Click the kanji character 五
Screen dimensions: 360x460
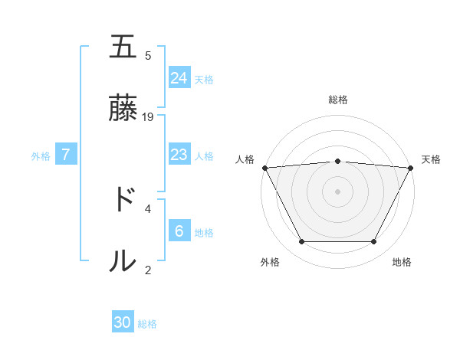click(123, 47)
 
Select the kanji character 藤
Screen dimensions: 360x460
click(123, 109)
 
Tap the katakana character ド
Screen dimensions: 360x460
click(123, 200)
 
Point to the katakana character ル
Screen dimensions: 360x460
click(123, 261)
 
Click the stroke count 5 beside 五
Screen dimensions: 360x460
click(148, 55)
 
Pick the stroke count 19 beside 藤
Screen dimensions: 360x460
click(149, 116)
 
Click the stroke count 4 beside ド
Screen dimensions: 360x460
click(148, 208)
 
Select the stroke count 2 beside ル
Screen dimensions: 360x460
click(148, 269)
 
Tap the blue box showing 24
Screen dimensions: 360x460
click(179, 77)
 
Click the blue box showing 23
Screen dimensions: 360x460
click(179, 155)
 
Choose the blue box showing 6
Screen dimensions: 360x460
click(179, 231)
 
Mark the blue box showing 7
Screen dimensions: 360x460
click(66, 155)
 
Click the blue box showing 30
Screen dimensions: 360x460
click(123, 322)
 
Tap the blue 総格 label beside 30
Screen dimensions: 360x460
click(147, 324)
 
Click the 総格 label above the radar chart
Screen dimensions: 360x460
click(338, 100)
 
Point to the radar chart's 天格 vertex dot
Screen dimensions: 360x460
click(411, 167)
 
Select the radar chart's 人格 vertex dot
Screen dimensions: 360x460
click(264, 167)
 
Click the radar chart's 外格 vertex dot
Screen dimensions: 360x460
click(301, 242)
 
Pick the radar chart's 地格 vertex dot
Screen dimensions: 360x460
click(374, 242)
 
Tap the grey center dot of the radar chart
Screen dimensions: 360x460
click(338, 191)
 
